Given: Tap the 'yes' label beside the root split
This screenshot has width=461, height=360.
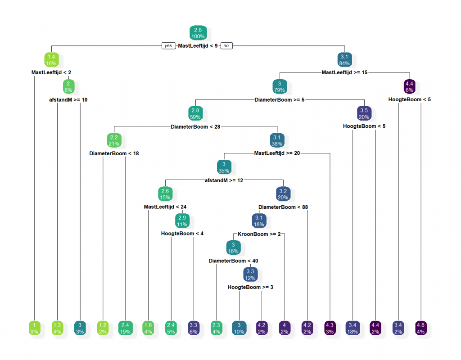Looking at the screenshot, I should tap(168, 45).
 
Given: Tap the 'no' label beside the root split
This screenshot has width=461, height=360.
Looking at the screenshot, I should tap(226, 45).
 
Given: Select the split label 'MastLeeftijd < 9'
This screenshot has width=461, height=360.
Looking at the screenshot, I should tap(198, 45).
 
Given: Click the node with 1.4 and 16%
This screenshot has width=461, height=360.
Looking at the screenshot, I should tap(51, 60).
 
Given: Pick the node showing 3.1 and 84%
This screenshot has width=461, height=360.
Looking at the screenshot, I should tap(344, 60).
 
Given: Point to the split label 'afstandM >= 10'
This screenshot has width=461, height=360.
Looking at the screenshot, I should tap(68, 99).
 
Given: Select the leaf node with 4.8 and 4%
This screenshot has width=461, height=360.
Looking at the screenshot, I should tap(421, 328).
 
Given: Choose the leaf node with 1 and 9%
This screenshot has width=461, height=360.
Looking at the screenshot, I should tap(34, 328).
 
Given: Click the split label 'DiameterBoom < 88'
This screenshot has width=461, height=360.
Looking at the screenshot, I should tap(283, 207).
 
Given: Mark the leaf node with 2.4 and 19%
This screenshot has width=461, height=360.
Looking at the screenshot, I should tap(125, 328).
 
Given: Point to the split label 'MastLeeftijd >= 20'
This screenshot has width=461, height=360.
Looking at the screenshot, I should tap(277, 153).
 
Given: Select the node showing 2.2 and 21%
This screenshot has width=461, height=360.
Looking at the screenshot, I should tap(114, 140).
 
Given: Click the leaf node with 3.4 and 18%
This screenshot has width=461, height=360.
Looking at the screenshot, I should tap(353, 328).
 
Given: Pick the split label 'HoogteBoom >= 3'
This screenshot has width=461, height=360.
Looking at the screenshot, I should tap(250, 287).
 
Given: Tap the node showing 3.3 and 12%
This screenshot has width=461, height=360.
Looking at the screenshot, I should tap(250, 274).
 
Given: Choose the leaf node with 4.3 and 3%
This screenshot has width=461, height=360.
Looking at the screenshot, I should tap(330, 328).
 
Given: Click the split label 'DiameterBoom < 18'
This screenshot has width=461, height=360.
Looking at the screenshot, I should tap(114, 153).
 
